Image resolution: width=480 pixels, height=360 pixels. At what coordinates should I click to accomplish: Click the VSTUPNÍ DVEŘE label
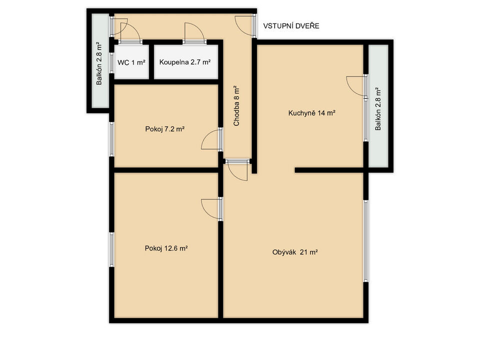(x=291, y=26)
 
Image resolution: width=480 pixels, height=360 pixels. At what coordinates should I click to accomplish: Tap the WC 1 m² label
(x=131, y=62)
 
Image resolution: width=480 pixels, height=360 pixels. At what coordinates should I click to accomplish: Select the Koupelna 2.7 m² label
(x=185, y=62)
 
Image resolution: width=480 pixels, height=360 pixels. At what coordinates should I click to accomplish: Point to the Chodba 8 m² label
(x=236, y=106)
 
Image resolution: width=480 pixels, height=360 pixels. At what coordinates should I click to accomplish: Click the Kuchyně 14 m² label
(x=312, y=113)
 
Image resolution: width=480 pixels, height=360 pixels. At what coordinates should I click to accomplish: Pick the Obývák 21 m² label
(x=295, y=252)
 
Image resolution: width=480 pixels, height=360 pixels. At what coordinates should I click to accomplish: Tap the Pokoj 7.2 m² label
(x=164, y=129)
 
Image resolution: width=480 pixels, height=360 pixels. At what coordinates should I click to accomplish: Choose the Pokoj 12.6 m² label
(x=166, y=248)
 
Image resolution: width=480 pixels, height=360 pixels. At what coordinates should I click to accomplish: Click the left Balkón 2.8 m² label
(x=99, y=63)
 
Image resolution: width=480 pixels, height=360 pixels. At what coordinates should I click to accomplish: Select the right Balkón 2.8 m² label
(x=378, y=109)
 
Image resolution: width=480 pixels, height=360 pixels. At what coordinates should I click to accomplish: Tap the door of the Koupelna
(x=193, y=32)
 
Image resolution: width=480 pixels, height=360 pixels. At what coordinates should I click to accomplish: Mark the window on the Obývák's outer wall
(x=365, y=240)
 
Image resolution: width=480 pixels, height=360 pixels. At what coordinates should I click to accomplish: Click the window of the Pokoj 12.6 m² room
(x=111, y=249)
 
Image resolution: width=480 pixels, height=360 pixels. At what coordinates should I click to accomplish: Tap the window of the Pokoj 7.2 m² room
(x=111, y=139)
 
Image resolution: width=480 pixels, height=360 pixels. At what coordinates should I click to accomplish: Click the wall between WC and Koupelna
(x=151, y=62)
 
